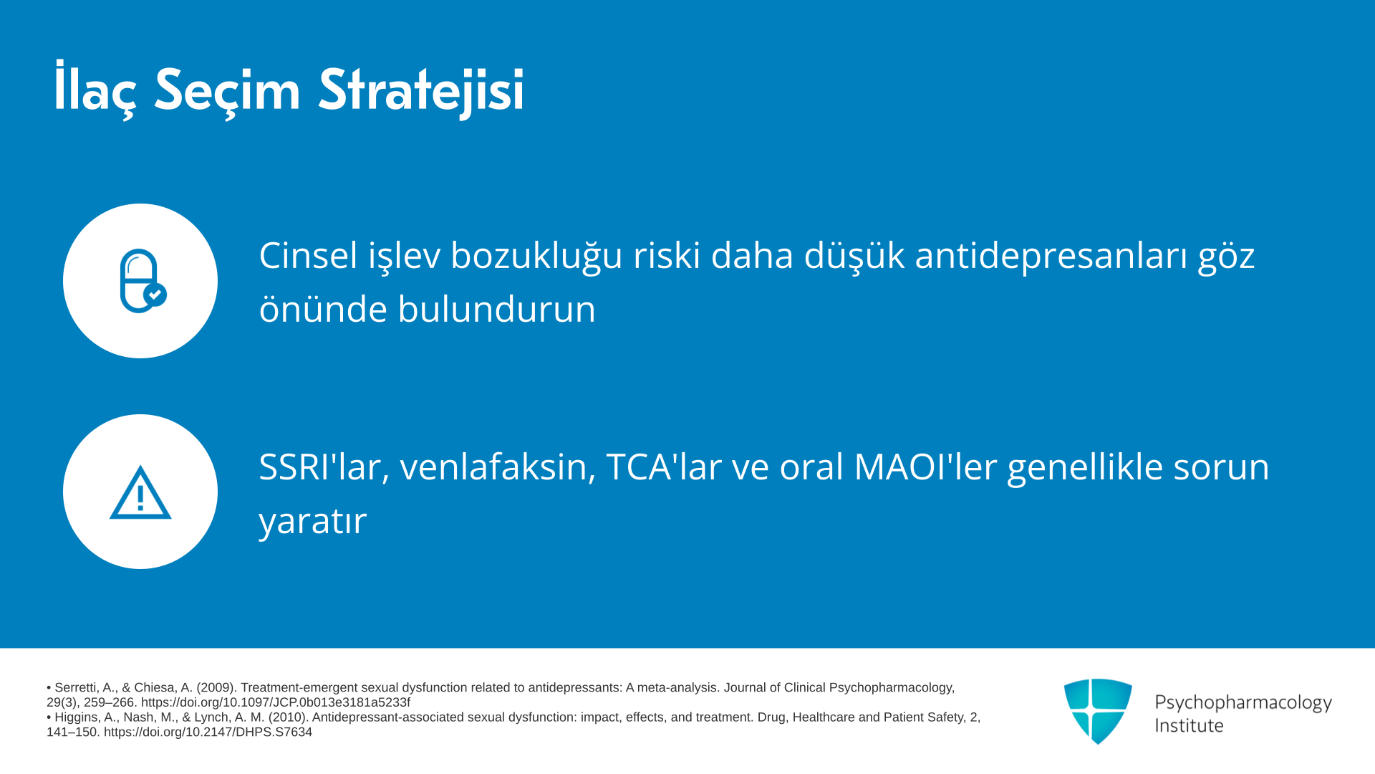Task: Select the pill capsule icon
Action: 143,281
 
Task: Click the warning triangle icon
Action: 140,492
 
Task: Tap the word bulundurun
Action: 496,310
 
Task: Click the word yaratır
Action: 313,521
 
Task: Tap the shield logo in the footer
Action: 1098,711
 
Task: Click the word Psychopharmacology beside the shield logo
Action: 1243,702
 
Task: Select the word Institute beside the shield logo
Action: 1189,725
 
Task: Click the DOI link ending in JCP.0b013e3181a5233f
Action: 276,703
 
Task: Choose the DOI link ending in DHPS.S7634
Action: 208,732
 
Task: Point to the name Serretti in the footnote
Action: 75,688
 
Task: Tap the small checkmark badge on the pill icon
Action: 155,295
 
